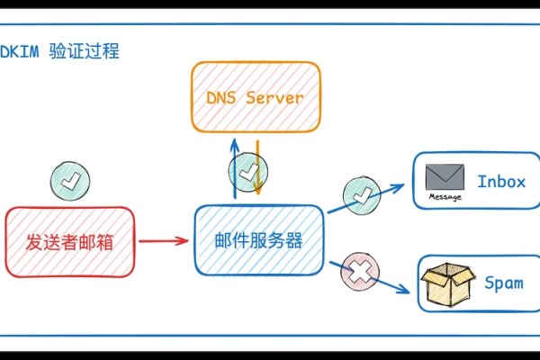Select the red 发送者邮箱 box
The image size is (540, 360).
coord(70,241)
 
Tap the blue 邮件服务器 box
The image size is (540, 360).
coord(258,240)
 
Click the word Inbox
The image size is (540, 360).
coord(500,182)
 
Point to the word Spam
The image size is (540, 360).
coord(503,283)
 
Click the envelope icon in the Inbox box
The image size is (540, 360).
coord(444,175)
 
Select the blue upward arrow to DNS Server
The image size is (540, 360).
coord(234,167)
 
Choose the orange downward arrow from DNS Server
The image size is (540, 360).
coord(257,167)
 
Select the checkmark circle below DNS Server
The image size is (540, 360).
coord(247,169)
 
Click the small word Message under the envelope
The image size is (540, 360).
coord(445,196)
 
